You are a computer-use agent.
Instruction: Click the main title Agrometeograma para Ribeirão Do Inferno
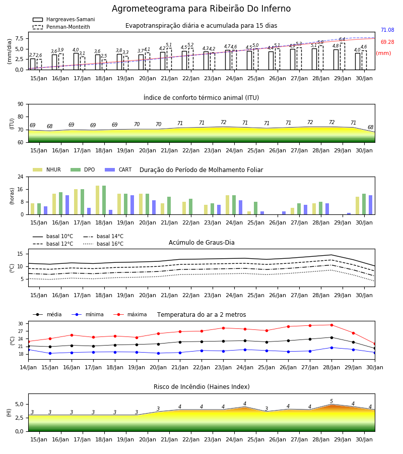click(x=201, y=9)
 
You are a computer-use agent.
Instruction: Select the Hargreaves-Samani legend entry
click(x=64, y=19)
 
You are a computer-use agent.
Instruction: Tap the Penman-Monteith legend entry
click(x=61, y=27)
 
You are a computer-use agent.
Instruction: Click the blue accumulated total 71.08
click(x=387, y=30)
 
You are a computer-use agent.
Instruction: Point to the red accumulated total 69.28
click(x=387, y=42)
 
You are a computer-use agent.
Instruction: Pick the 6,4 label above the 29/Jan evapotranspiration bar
click(x=342, y=39)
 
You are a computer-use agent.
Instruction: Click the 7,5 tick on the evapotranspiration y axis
click(x=19, y=38)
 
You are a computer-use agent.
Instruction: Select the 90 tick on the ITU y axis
click(x=21, y=104)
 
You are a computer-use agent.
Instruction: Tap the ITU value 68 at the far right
click(x=370, y=127)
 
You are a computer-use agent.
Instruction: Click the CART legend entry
click(x=118, y=169)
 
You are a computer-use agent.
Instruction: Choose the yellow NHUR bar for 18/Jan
click(x=97, y=200)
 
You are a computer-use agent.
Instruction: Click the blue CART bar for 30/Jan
click(x=370, y=205)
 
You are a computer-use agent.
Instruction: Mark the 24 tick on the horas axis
click(x=21, y=177)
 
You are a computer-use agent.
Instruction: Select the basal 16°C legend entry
click(x=103, y=244)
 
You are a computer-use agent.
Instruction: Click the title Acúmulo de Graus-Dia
click(x=201, y=243)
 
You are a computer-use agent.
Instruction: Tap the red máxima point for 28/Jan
click(x=331, y=325)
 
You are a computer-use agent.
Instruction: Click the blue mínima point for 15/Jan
click(x=50, y=353)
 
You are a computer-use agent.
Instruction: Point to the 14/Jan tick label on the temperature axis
click(x=28, y=367)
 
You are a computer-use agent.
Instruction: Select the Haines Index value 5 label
click(x=331, y=402)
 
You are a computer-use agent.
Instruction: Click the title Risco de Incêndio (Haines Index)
click(x=201, y=387)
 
